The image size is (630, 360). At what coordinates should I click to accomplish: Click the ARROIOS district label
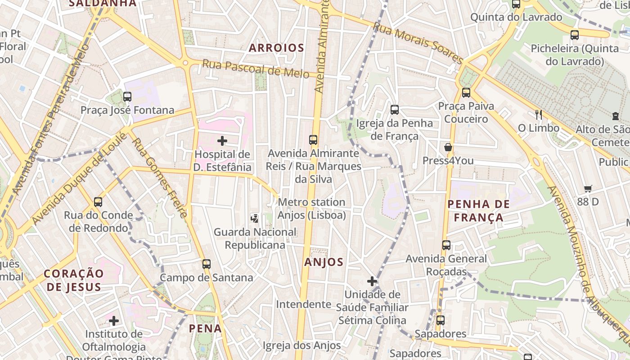click(x=276, y=48)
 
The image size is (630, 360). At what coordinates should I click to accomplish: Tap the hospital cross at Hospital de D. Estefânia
click(x=222, y=141)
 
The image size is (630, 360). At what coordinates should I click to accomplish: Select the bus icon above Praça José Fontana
click(x=127, y=96)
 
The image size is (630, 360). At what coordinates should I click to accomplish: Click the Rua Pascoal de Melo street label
click(x=255, y=69)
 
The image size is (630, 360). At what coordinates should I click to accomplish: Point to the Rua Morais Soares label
click(x=418, y=43)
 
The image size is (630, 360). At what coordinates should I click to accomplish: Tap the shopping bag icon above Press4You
click(x=448, y=147)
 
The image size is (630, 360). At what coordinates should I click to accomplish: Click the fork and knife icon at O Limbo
click(x=538, y=114)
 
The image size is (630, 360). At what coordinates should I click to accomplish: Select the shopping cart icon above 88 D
click(x=588, y=189)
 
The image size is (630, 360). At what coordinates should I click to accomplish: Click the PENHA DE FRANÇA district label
click(x=479, y=211)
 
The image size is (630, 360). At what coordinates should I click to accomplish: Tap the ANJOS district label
click(x=324, y=262)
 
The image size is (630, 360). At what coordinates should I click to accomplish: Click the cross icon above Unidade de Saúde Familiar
click(x=372, y=281)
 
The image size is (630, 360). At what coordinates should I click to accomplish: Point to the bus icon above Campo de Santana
click(x=207, y=264)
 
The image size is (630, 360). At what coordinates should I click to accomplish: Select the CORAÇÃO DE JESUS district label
click(x=74, y=280)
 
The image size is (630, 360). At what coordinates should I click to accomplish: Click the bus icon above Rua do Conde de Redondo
click(x=98, y=202)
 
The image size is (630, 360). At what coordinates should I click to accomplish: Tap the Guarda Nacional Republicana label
click(x=255, y=238)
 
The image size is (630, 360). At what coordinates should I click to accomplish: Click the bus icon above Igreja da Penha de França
click(x=395, y=109)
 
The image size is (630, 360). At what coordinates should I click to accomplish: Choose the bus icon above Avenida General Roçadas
click(x=446, y=245)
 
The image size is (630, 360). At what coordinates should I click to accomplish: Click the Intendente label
click(x=303, y=304)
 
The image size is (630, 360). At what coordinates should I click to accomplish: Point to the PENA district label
click(x=205, y=328)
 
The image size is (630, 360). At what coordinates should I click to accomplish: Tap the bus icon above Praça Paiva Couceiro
click(x=466, y=93)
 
